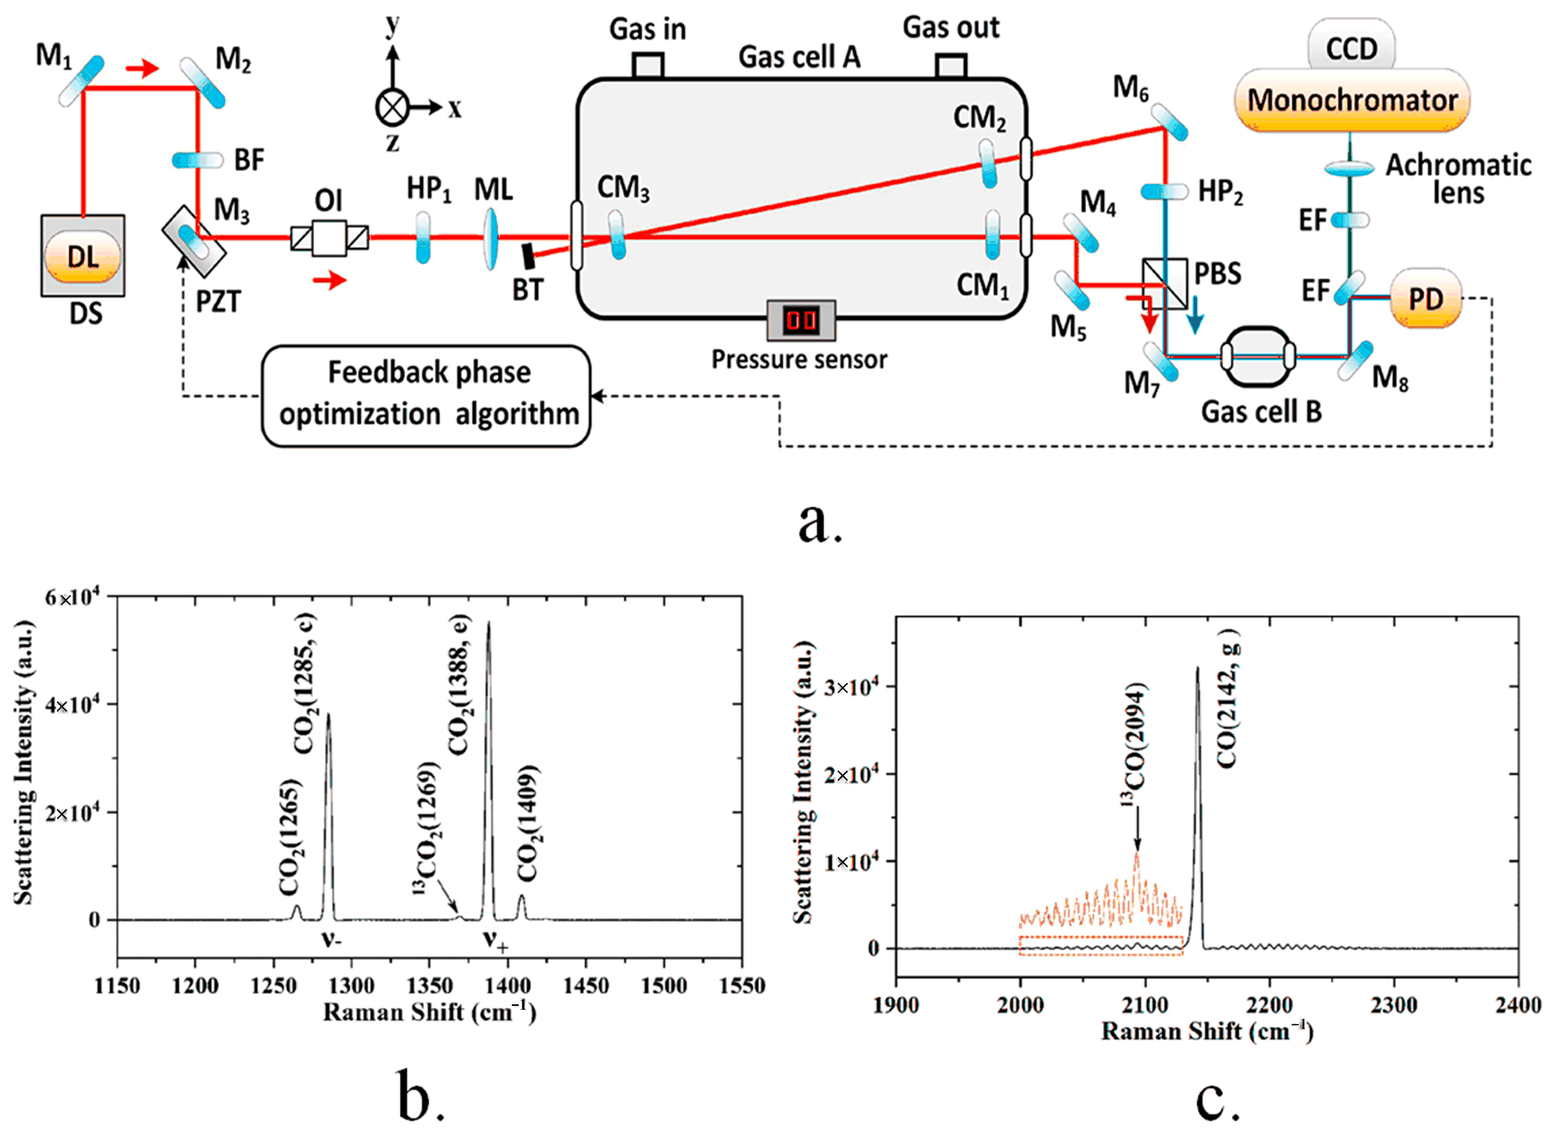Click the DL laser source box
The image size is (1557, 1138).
82,256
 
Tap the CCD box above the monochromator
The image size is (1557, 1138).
1351,48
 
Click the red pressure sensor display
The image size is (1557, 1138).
801,320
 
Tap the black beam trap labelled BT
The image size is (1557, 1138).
528,256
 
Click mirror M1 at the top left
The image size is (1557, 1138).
82,81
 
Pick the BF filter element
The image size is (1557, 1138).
198,161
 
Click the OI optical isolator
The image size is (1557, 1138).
329,238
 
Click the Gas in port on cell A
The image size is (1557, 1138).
647,66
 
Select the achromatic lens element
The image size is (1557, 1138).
1350,167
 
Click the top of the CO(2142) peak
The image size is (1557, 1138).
1197,668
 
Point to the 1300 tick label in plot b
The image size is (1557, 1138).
351,986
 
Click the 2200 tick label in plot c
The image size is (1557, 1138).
1269,1005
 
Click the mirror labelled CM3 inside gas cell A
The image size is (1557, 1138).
617,235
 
